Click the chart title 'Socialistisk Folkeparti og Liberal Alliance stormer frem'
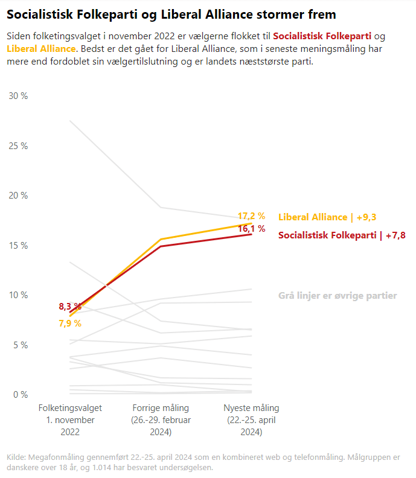171,14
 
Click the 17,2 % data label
251,215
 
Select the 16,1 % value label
251,229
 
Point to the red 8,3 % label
69,307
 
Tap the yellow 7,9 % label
69,323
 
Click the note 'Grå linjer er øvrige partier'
338,296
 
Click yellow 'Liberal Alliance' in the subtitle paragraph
42,48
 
